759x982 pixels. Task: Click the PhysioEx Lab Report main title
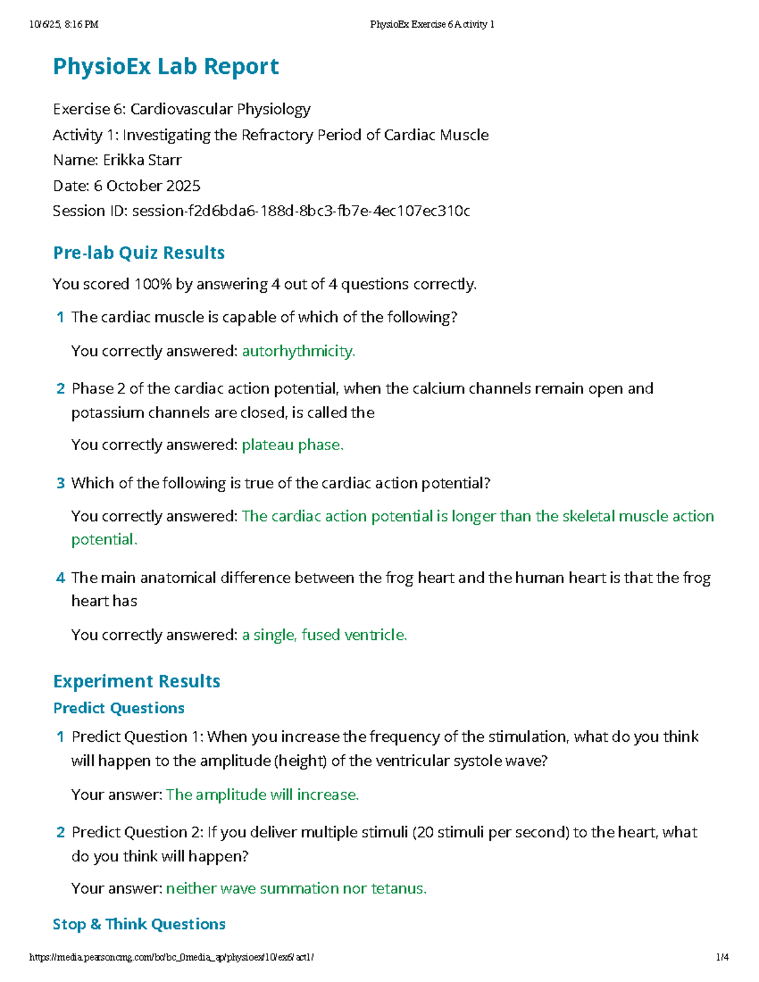coord(166,66)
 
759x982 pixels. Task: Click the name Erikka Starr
coord(142,161)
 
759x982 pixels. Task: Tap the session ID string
coord(300,211)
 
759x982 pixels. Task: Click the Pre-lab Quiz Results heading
coord(139,253)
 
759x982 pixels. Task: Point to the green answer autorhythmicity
coord(298,351)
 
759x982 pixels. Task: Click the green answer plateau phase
coord(292,445)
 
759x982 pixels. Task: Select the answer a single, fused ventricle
coord(324,635)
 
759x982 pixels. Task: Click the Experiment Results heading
coord(137,682)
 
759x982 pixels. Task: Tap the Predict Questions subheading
coord(119,708)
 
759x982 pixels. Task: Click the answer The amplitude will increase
coord(262,795)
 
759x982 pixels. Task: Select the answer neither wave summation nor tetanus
coord(296,889)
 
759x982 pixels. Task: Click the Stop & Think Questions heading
coord(139,924)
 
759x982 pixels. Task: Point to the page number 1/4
coord(722,957)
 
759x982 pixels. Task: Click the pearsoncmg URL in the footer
coord(171,957)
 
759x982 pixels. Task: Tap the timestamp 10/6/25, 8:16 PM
coord(64,25)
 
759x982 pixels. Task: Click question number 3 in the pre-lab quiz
coord(61,484)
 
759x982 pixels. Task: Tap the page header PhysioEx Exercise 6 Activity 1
coord(432,25)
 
